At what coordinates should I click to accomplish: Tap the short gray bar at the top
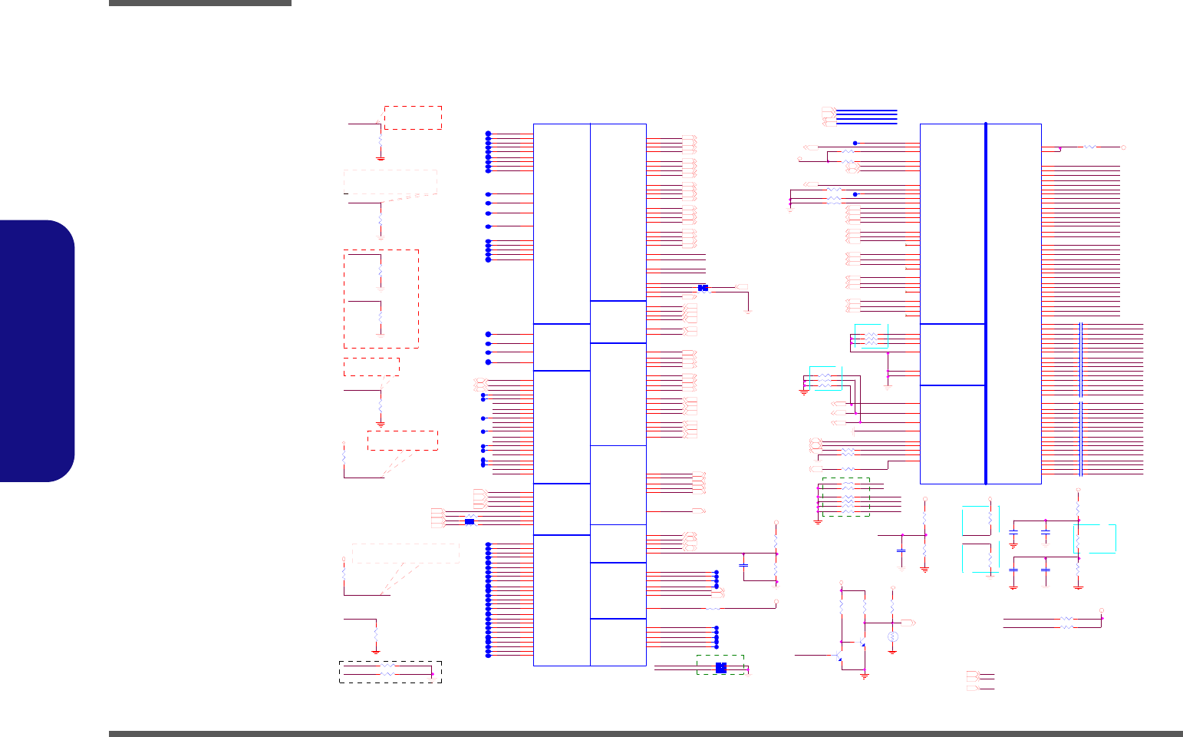[199, 3]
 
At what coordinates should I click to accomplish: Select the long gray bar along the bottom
[645, 734]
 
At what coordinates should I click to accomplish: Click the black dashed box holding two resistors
[390, 672]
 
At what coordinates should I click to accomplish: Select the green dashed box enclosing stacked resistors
[845, 497]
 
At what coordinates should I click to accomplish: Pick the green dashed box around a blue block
[720, 665]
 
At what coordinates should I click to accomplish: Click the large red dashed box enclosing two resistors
[381, 299]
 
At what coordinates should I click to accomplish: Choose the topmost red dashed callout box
[413, 117]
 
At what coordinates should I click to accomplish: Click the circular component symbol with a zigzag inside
[892, 637]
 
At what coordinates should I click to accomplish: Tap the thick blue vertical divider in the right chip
[985, 304]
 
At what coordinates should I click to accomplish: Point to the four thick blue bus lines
[866, 117]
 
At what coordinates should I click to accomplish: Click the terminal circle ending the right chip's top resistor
[1123, 146]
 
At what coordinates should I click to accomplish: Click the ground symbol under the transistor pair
[865, 676]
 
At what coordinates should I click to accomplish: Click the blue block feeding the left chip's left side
[470, 522]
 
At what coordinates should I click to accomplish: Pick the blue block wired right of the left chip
[703, 288]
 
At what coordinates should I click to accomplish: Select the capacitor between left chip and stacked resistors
[743, 565]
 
